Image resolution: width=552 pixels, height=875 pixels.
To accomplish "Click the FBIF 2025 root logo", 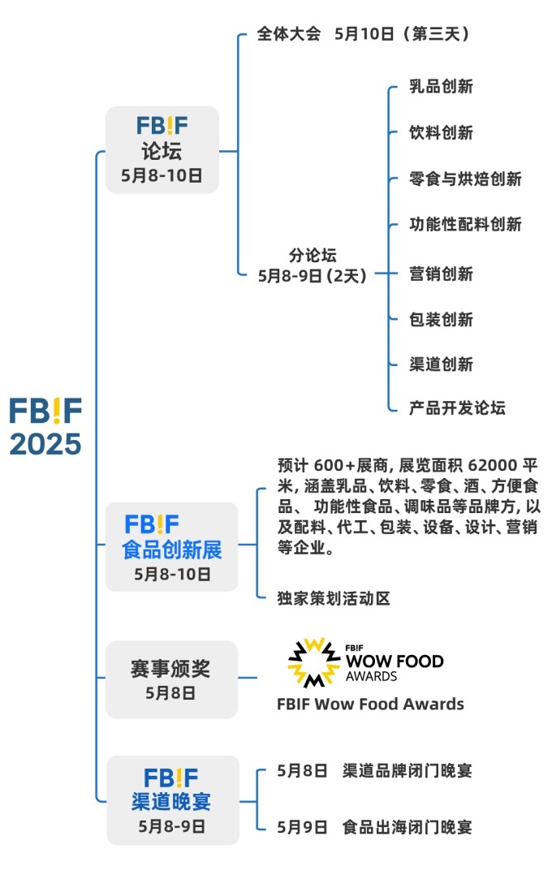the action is (45, 426).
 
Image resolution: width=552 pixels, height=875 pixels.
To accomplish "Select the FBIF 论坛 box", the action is (162, 150).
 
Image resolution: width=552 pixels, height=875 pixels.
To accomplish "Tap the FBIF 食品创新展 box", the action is (172, 547).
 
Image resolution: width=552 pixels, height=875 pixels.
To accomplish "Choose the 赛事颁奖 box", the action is (171, 679).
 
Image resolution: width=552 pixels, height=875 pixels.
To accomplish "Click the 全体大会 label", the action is (288, 33).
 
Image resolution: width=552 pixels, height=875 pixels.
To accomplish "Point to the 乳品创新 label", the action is (441, 87).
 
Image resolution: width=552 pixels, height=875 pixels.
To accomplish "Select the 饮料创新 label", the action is (441, 133).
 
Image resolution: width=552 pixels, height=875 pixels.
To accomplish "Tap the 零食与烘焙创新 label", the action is (465, 179).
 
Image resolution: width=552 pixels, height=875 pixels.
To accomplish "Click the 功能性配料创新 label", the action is (465, 224).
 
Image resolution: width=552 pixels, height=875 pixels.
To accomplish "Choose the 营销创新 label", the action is (441, 274).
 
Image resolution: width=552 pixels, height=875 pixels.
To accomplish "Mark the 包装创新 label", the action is (441, 320).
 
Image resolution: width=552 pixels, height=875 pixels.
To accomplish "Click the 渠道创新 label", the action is (441, 364).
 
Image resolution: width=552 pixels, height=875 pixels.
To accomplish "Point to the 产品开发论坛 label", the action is (457, 408).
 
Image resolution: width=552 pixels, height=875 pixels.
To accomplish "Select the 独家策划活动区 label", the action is (334, 598).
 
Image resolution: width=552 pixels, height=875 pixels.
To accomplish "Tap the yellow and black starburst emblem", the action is (313, 662).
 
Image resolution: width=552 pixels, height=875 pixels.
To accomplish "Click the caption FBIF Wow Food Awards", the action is (371, 705).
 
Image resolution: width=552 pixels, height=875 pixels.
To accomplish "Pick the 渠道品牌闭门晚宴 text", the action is (408, 770).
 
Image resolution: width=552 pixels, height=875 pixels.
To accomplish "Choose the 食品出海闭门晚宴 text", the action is (408, 827).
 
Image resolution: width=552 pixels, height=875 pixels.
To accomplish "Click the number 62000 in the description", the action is (493, 465).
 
